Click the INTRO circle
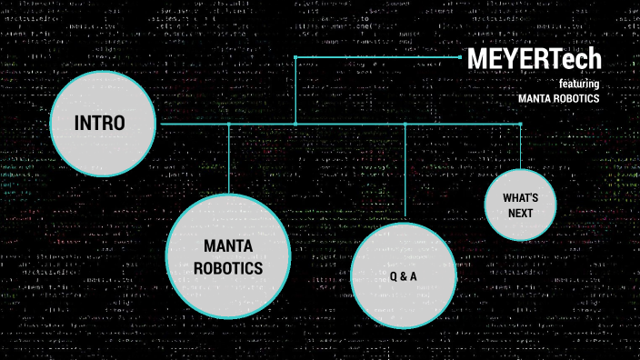pyautogui.click(x=100, y=124)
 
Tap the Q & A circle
pyautogui.click(x=403, y=275)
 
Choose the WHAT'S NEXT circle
pyautogui.click(x=521, y=205)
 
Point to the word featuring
pyautogui.click(x=579, y=83)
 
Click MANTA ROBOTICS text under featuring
pyautogui.click(x=559, y=98)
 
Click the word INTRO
pyautogui.click(x=100, y=124)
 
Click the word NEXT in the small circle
pyautogui.click(x=521, y=213)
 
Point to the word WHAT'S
pyautogui.click(x=521, y=197)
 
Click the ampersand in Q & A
pyautogui.click(x=403, y=275)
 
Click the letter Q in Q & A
pyautogui.click(x=392, y=275)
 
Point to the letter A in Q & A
pyautogui.click(x=414, y=275)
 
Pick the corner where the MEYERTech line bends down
pyautogui.click(x=295, y=56)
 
